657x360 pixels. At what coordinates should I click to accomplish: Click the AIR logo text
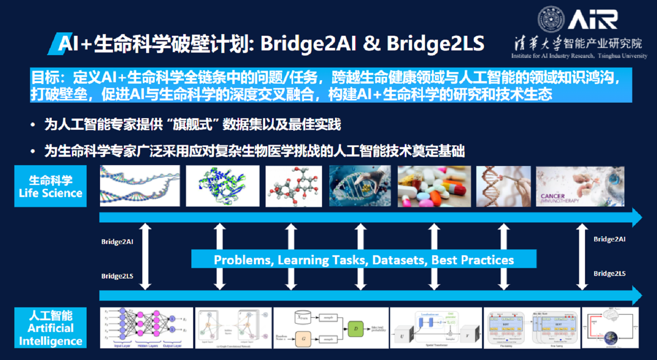tap(593, 19)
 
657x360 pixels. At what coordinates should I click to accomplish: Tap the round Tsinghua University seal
tap(551, 19)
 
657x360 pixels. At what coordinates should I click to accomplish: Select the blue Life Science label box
tap(50, 186)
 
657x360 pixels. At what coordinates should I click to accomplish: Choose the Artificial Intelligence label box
tap(50, 328)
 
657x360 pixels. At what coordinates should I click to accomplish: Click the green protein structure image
tap(222, 186)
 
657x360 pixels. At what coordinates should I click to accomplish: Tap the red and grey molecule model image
tap(294, 186)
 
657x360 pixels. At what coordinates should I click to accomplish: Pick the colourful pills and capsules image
tap(434, 186)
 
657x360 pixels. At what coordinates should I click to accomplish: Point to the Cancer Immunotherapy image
tap(580, 186)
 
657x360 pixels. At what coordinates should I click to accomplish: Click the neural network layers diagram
tap(146, 328)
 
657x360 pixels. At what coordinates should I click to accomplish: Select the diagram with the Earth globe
tap(610, 328)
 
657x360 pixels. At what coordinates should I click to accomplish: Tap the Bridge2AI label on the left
tap(117, 242)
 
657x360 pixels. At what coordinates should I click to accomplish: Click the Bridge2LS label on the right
tap(609, 274)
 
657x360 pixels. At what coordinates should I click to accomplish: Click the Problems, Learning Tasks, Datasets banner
tap(364, 260)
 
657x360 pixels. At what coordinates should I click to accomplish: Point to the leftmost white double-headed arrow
tap(146, 256)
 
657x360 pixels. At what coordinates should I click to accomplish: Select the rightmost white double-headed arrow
tap(582, 256)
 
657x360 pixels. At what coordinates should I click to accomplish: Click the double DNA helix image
tap(140, 186)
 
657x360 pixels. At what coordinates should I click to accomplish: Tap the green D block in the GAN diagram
tap(356, 329)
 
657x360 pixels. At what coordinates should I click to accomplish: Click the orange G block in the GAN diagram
tap(303, 338)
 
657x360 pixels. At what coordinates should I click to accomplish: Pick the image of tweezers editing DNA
tap(503, 186)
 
